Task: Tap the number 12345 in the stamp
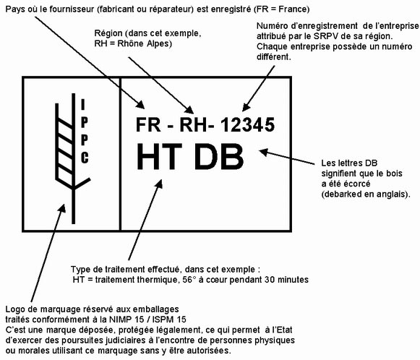(248, 124)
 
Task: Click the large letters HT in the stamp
(160, 156)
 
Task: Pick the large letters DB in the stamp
(219, 156)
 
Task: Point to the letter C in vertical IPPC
(85, 158)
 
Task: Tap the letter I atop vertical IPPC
(83, 105)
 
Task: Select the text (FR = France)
(281, 9)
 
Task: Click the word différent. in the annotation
(274, 56)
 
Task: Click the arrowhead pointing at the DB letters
(264, 152)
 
